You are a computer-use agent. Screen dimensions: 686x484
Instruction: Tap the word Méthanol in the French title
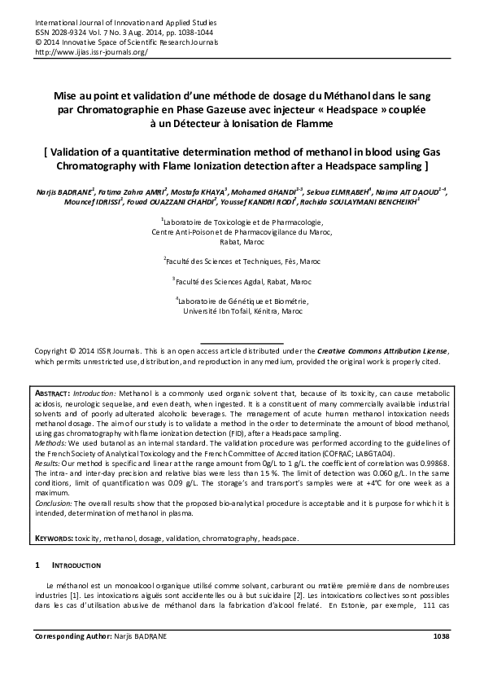(318, 95)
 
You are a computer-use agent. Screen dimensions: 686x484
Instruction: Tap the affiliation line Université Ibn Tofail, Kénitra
(242, 311)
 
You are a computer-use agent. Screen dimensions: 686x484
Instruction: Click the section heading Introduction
(77, 565)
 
